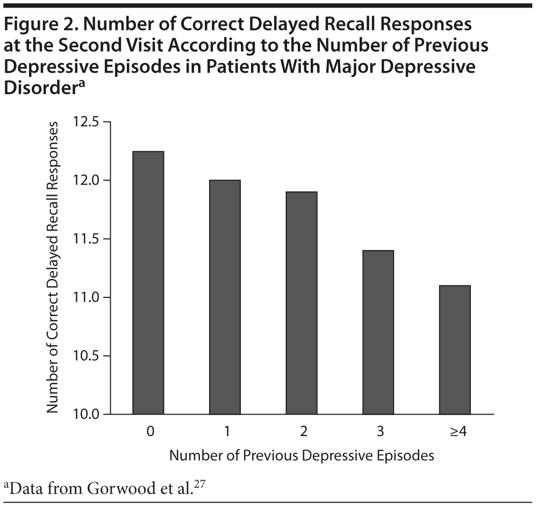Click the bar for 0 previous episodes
pos(148,283)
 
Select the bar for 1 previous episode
pos(225,297)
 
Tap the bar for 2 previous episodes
pos(302,303)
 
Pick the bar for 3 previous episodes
pos(378,332)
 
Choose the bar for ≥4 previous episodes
pos(455,350)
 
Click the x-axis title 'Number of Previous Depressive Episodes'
pos(301,455)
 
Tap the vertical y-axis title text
pos(52,267)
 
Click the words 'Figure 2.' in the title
pos(35,25)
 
